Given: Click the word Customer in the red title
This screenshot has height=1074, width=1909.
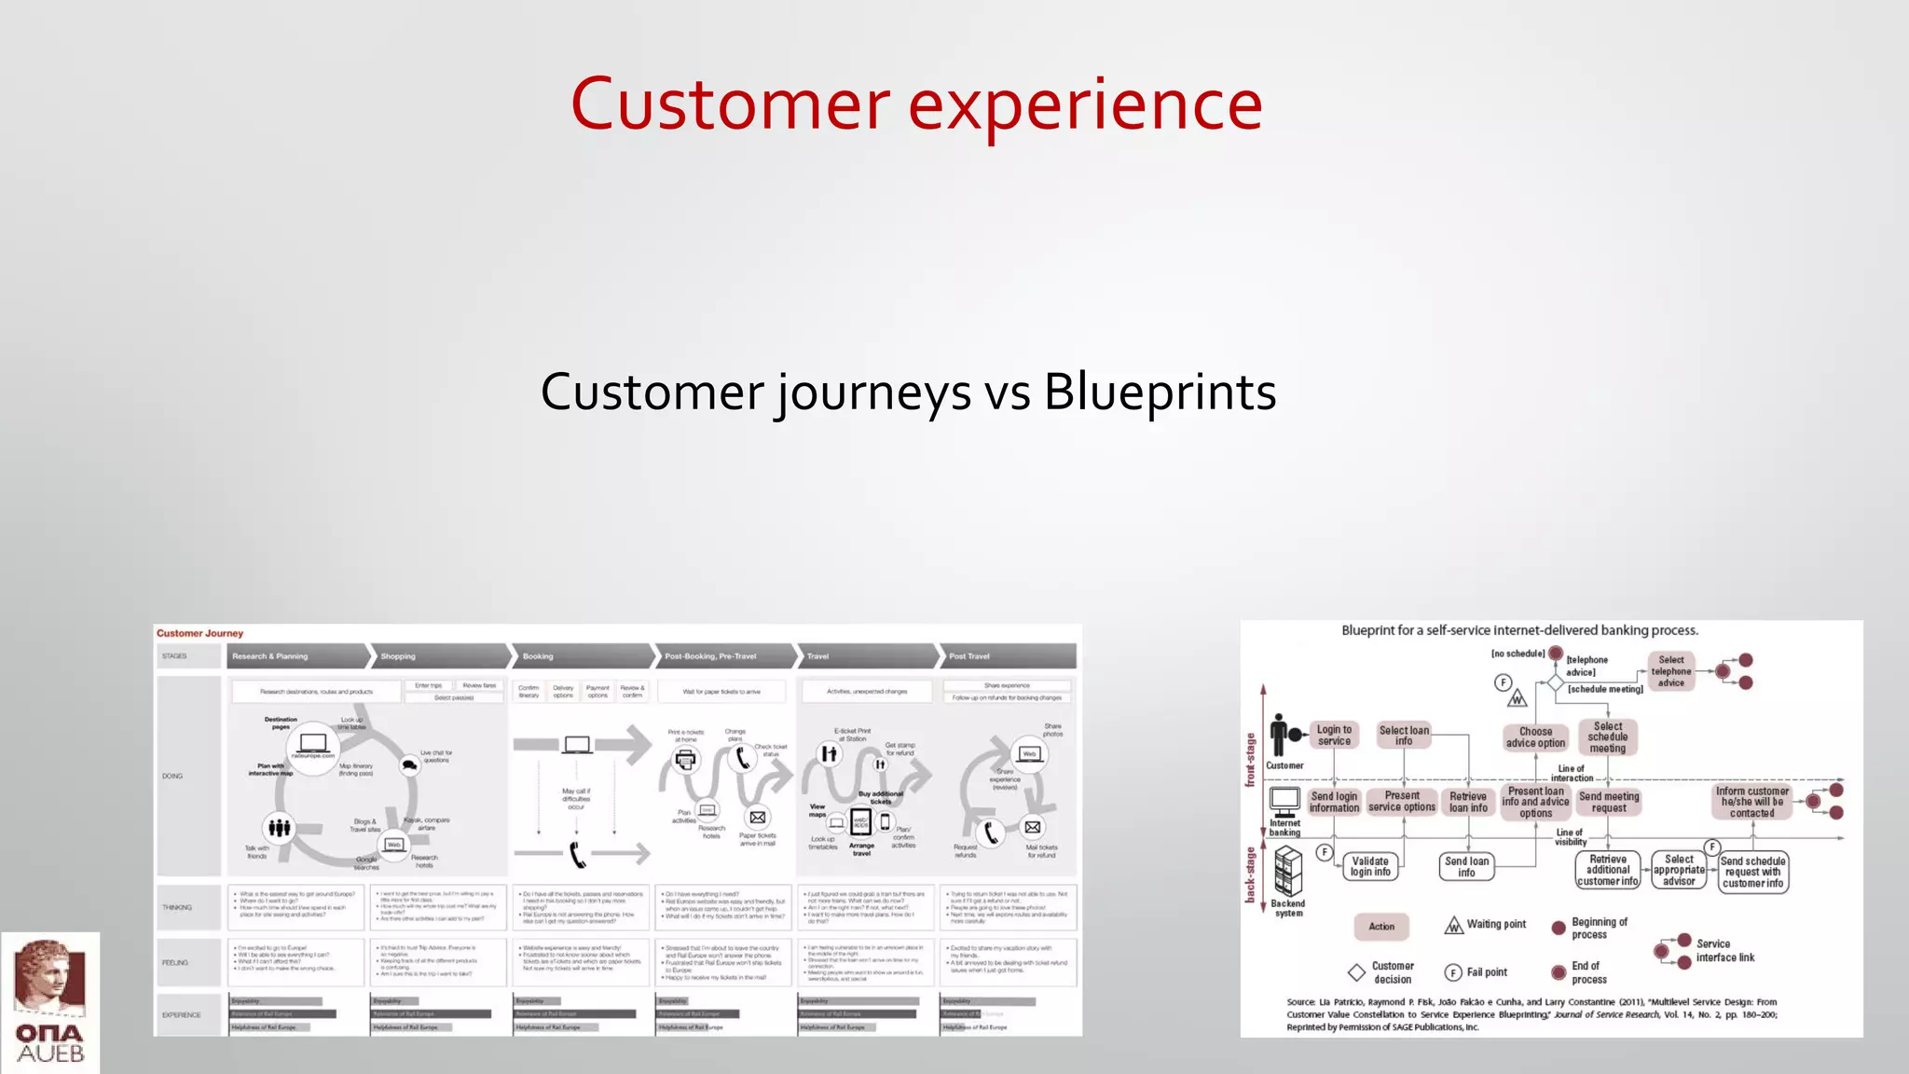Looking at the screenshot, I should tap(730, 104).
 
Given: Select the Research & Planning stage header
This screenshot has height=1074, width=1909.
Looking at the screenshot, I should tap(296, 656).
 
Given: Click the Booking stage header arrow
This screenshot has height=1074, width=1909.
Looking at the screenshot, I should tap(580, 656).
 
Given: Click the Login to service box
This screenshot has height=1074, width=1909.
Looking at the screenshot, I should tap(1334, 736).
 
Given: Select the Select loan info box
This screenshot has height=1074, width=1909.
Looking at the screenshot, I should tap(1404, 736).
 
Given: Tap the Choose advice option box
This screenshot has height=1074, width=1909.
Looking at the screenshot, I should tap(1535, 737).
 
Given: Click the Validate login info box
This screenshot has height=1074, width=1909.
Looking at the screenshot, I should tap(1370, 867).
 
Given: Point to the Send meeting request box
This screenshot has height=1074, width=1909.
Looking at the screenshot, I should tap(1609, 802).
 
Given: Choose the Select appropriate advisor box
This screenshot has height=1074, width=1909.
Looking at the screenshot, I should tap(1679, 870).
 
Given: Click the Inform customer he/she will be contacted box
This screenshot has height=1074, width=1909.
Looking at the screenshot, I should tap(1752, 802).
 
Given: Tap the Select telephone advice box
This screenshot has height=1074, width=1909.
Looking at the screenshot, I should tap(1671, 671).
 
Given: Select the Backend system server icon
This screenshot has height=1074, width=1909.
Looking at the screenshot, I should tap(1288, 872).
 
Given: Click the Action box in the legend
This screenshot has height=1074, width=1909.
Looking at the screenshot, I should tap(1381, 927).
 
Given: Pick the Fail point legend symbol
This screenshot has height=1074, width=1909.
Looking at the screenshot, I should tap(1452, 972).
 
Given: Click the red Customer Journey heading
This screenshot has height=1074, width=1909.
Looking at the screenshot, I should tap(199, 633).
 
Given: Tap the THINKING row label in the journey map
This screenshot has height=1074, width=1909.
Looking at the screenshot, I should tap(177, 907).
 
